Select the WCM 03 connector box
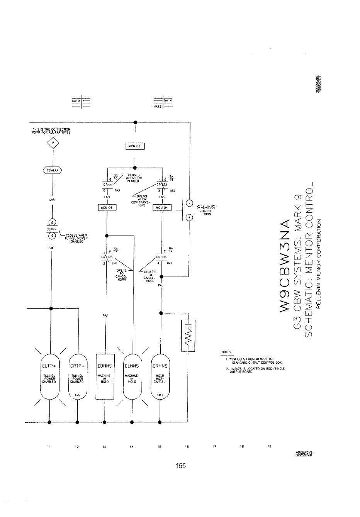coord(107,208)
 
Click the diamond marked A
coord(53,144)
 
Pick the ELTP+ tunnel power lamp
coord(49,375)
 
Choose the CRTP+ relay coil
coord(78,375)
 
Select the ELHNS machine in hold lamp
coord(132,375)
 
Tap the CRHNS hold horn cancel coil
coord(160,375)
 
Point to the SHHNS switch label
coord(208,207)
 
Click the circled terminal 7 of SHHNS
coord(189,203)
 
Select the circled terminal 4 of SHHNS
coord(189,218)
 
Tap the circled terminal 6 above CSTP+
coord(52,222)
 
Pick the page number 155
coord(180,466)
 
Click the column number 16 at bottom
coord(187,447)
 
